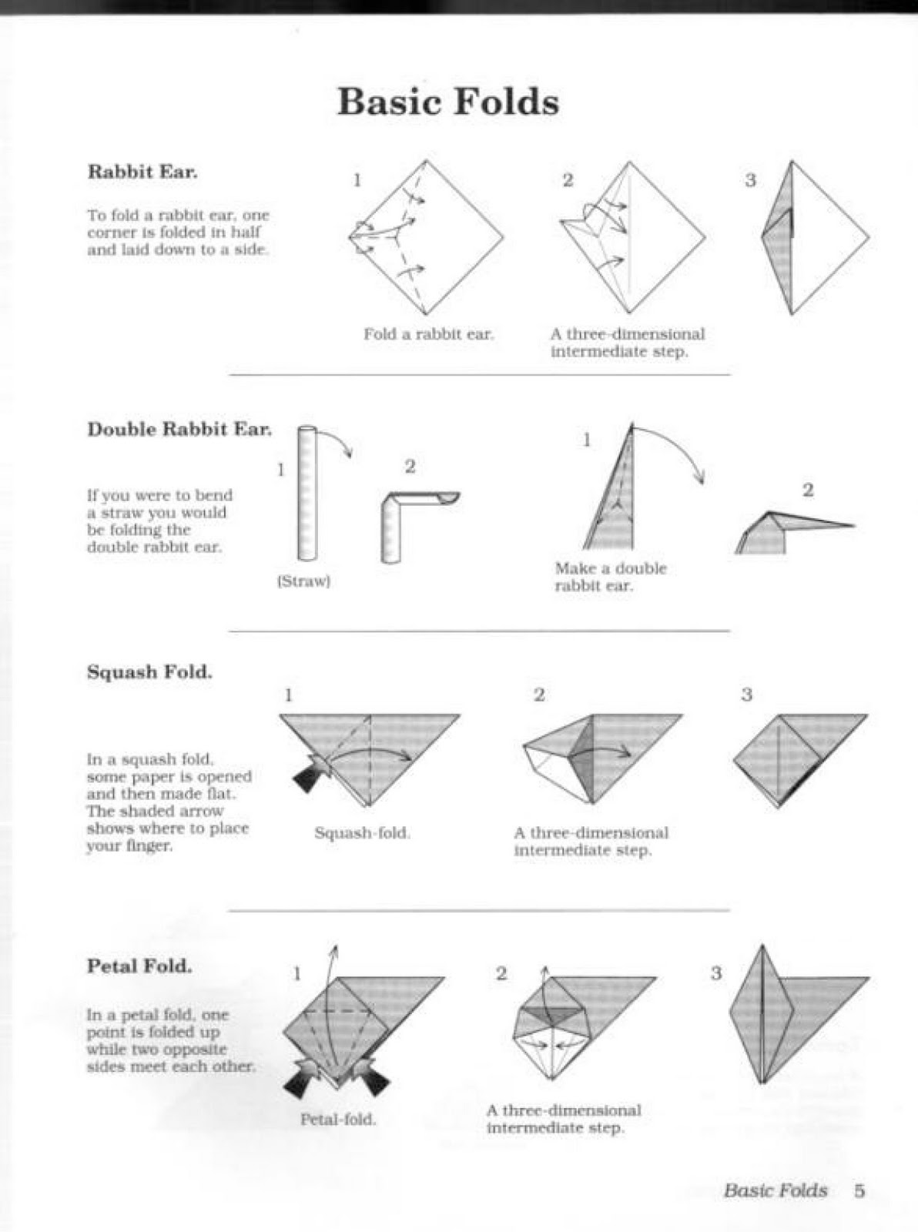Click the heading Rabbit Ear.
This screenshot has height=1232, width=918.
[142, 171]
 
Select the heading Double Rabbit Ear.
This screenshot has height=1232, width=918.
[179, 429]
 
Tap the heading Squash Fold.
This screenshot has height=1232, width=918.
[149, 671]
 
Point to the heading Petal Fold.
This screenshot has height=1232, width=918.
[139, 966]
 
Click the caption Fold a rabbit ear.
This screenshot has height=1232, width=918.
[428, 334]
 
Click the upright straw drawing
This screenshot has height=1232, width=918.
[307, 493]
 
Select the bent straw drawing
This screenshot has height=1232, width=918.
[408, 516]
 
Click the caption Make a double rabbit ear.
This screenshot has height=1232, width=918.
[610, 577]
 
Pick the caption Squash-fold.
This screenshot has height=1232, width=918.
[362, 833]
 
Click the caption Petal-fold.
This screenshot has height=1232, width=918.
[338, 1119]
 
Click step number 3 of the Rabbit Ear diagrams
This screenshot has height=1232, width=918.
[750, 180]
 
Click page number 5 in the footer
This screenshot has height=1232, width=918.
[859, 1190]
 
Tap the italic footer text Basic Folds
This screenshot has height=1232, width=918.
[775, 1190]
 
